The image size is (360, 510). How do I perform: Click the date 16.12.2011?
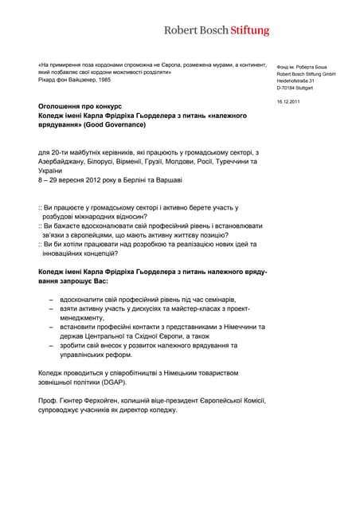point(289,102)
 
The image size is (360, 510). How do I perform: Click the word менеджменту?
point(87,316)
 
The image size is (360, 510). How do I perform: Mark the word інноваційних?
point(65,253)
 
